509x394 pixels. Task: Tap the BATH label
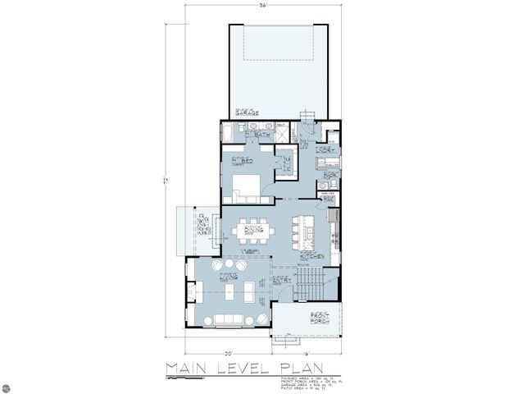(x=262, y=135)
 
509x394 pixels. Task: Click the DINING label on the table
(x=252, y=231)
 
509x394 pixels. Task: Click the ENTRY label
(x=282, y=282)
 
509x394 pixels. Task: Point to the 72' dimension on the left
(x=166, y=180)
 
